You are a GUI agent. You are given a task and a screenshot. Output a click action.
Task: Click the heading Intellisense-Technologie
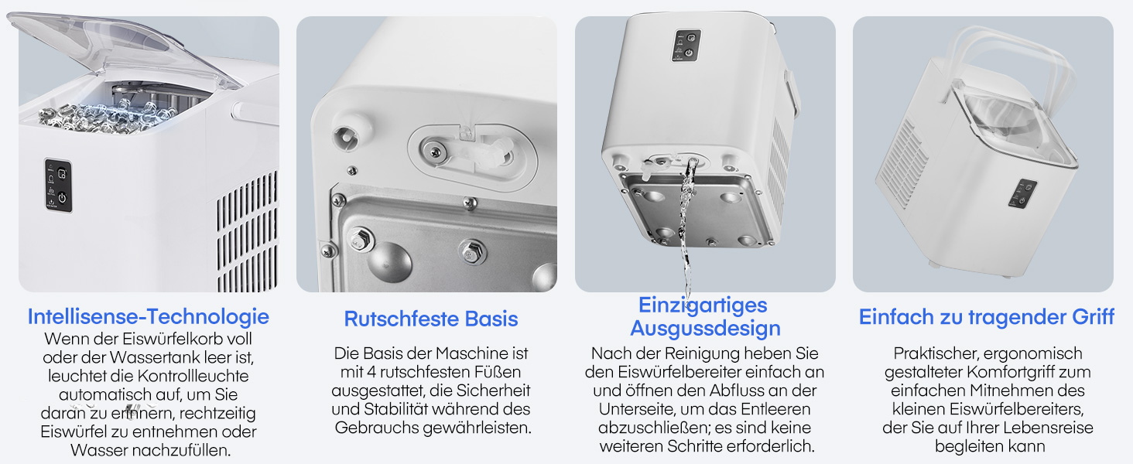pyautogui.click(x=148, y=317)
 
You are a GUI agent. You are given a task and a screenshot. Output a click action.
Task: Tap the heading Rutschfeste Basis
pyautogui.click(x=431, y=319)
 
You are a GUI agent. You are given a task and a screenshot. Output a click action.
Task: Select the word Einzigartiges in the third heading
pyautogui.click(x=703, y=305)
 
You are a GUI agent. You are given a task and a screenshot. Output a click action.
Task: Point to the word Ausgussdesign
pyautogui.click(x=705, y=329)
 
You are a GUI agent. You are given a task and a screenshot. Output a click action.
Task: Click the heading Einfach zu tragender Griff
pyautogui.click(x=986, y=317)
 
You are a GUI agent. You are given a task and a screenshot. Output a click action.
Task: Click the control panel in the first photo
pyautogui.click(x=58, y=186)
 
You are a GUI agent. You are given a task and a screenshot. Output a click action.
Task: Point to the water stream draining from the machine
pyautogui.click(x=687, y=227)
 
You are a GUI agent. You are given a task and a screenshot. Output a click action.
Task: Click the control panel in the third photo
pyautogui.click(x=686, y=46)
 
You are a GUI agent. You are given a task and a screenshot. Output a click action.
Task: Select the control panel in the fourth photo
pyautogui.click(x=1023, y=193)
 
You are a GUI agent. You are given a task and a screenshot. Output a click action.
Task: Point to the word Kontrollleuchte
pyautogui.click(x=193, y=376)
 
